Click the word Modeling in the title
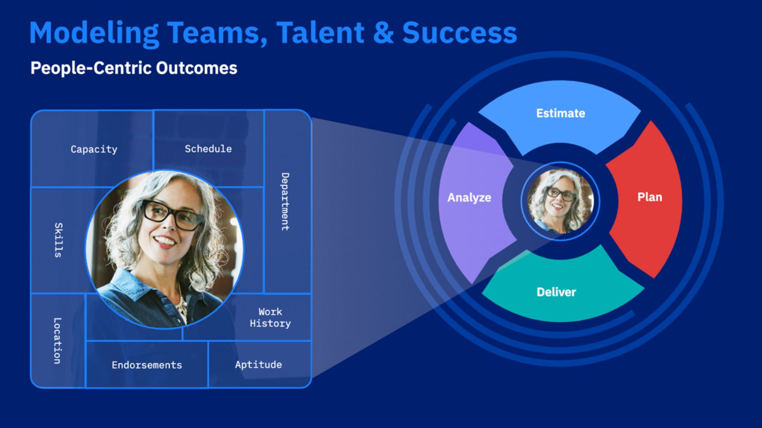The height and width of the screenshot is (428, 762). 94,33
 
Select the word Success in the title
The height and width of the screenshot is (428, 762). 459,33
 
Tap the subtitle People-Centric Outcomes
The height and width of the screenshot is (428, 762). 134,68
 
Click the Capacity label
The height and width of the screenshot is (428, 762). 94,149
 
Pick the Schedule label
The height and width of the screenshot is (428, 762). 208,149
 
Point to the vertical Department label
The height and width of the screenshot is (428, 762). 285,201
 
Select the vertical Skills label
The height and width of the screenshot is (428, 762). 59,240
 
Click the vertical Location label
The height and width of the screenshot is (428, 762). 57,341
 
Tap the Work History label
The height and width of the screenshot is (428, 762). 270,317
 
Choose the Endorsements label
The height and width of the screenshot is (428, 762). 147,365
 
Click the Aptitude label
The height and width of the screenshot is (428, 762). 258,364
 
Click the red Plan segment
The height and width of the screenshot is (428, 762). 649,197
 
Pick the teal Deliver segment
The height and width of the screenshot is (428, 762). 556,292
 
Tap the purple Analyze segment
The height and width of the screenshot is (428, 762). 469,198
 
